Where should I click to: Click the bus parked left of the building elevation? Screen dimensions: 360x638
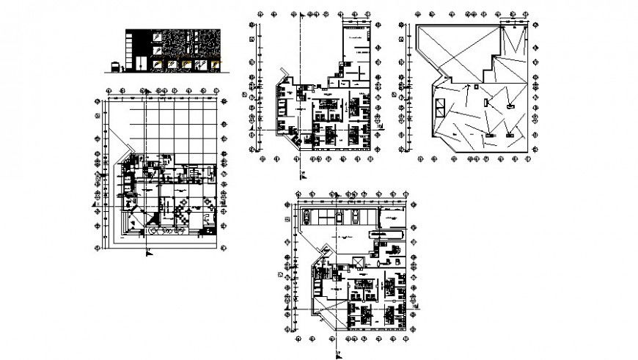click(116, 67)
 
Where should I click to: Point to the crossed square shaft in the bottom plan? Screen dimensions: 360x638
click(358, 262)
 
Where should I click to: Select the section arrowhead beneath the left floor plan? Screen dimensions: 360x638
click(149, 252)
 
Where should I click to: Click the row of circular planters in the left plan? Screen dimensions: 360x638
click(166, 230)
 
